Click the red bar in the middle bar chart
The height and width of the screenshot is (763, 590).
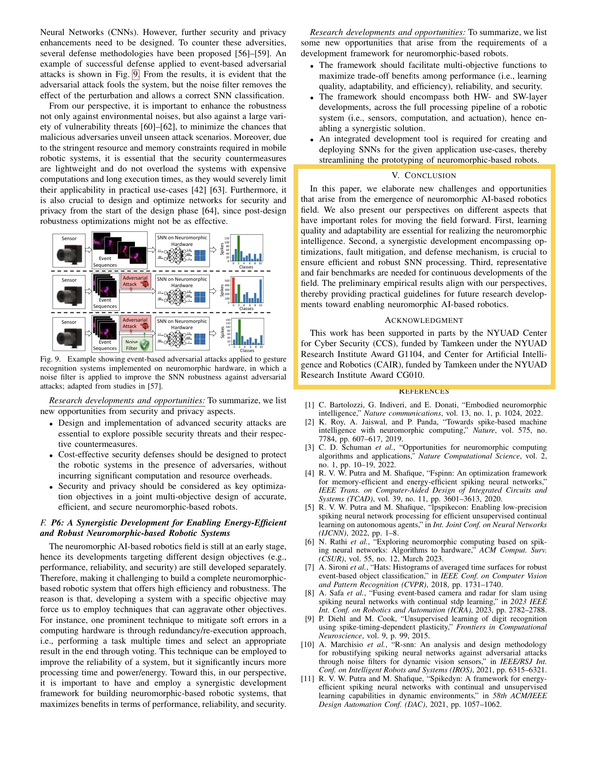[234, 290]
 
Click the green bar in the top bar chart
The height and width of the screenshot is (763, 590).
[239, 248]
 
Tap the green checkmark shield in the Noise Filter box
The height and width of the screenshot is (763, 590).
[144, 344]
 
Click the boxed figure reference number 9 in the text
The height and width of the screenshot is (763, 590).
[135, 74]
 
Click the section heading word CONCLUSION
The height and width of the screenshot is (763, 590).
[430, 176]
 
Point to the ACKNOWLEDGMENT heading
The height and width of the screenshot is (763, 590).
[423, 320]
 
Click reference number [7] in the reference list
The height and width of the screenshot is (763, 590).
[309, 567]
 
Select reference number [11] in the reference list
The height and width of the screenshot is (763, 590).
[308, 679]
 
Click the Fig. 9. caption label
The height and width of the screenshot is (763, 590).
[50, 359]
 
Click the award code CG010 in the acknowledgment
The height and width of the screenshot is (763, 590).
[410, 375]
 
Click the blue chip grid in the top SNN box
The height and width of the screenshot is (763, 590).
[200, 255]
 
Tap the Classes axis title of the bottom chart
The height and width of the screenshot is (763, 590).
[247, 350]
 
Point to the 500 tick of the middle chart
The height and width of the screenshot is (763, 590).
[227, 281]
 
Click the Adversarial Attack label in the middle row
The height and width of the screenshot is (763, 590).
[134, 281]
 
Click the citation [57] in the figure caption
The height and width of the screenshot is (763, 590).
[154, 386]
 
